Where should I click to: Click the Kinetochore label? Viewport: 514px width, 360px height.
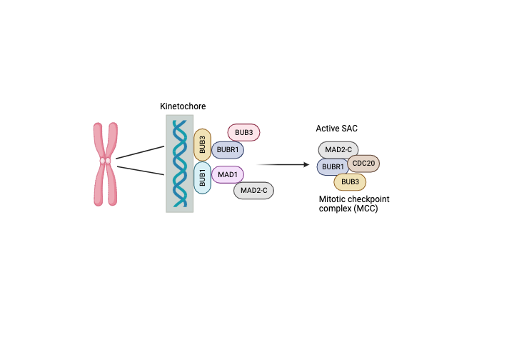pos(183,106)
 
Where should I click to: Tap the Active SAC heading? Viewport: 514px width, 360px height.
pos(337,128)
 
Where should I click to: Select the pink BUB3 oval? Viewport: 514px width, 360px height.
pos(243,132)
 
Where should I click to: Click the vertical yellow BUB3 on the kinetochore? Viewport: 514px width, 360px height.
pos(202,145)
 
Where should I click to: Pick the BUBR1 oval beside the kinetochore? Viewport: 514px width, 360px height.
pos(227,149)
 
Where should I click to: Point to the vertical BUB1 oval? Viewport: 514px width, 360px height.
pos(202,178)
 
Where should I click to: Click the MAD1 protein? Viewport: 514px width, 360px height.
pos(228,174)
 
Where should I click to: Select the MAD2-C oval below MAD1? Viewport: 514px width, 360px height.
pos(253,190)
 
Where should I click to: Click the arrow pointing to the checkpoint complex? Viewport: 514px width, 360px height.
pos(286,164)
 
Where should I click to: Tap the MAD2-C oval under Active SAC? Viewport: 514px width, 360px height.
pos(338,149)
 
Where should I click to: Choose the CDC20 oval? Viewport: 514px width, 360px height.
pos(363,164)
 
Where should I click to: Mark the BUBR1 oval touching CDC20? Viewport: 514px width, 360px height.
pos(333,166)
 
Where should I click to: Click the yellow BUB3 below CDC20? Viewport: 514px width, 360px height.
pos(350,181)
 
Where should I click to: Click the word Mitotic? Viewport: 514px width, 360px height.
pos(333,198)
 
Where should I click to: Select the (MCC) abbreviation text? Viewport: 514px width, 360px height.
pos(366,209)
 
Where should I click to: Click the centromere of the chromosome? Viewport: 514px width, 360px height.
pos(105,161)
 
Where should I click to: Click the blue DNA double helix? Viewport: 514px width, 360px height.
pos(180,164)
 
